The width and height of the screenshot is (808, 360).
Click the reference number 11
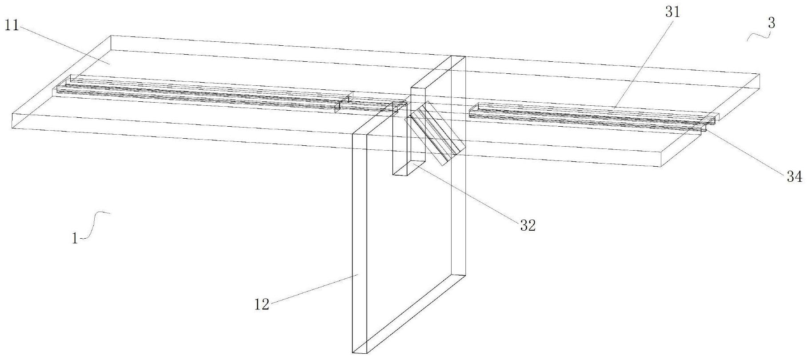coord(12,26)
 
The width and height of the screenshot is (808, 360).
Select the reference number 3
coord(772,24)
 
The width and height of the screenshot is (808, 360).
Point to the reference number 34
coord(794,177)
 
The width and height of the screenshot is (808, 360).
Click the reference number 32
coord(528,226)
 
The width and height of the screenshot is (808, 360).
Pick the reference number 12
coord(262,305)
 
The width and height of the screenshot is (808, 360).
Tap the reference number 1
coord(75,239)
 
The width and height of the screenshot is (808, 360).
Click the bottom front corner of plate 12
coord(354,353)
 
